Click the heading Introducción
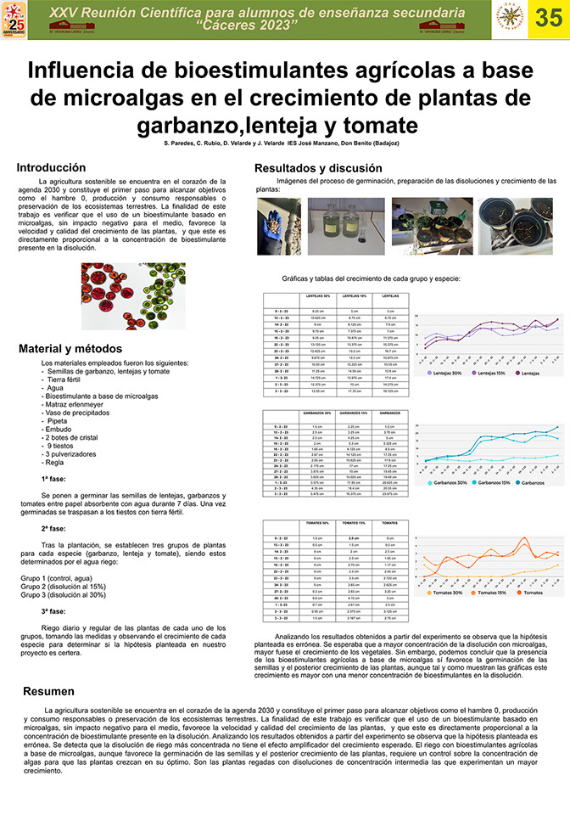51,167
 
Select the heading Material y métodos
70,349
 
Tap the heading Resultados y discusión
318,169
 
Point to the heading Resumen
48,691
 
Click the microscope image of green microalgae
133,295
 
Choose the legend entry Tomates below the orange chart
532,592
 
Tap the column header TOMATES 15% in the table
355,523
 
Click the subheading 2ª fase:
53,528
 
